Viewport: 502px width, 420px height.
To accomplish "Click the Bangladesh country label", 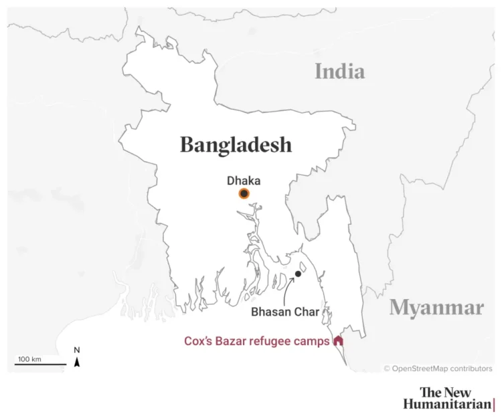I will point(236,144).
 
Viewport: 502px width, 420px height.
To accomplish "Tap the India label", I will point(340,71).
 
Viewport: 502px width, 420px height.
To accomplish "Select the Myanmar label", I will point(436,308).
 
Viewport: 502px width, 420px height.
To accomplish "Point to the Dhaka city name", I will point(243,181).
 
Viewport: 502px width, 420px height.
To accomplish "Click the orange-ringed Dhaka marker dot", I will point(244,194).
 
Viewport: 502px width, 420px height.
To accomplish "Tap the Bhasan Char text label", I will point(280,312).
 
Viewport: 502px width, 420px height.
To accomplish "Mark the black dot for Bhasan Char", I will point(298,274).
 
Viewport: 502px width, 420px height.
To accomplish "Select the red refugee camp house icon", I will point(338,340).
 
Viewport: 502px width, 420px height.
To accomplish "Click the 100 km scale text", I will point(29,359).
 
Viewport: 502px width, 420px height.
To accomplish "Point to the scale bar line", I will point(40,365).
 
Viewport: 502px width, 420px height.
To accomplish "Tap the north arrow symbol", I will point(77,362).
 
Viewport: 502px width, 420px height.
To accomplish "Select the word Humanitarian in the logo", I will point(446,404).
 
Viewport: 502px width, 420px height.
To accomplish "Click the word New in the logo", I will point(456,392).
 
